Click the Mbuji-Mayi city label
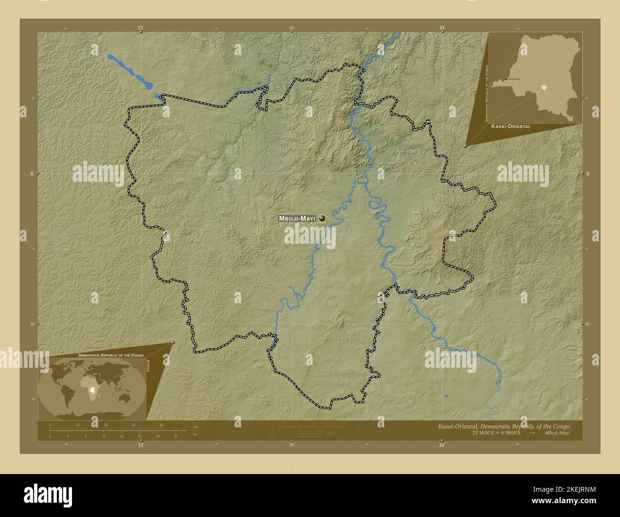tap(297, 218)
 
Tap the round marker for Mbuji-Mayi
tap(322, 218)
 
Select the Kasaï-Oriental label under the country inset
tap(510, 127)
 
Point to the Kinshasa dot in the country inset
tap(506, 79)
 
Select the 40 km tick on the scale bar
tap(162, 425)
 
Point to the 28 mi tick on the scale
tap(176, 436)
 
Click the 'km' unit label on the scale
tap(195, 426)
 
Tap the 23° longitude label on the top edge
tap(141, 28)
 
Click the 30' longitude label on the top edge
tap(292, 28)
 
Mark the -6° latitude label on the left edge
tap(31, 174)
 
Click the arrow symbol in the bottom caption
tap(532, 433)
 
